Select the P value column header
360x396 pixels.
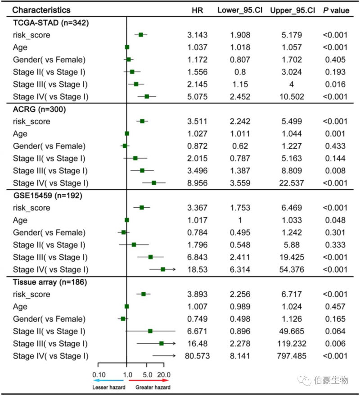coord(336,10)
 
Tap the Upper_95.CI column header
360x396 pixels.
coord(292,10)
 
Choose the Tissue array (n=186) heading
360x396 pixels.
coord(50,282)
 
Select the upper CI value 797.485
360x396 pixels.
coord(292,356)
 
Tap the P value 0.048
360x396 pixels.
coord(335,220)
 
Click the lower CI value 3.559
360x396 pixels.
coord(234,183)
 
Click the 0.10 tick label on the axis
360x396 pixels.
coord(99,375)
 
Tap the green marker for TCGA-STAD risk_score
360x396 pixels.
coord(140,35)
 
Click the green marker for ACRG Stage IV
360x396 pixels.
coord(154,183)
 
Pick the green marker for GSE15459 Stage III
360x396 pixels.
coord(150,257)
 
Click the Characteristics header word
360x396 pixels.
coord(41,10)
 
